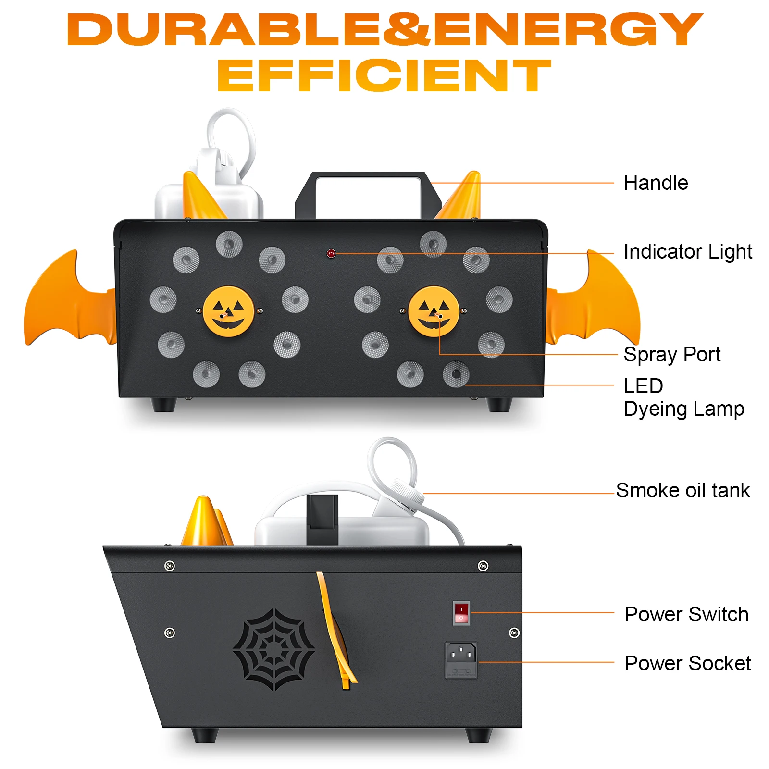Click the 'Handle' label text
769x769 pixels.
coord(655,183)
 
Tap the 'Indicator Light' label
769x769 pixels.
coord(687,252)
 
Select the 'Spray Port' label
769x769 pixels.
coord(671,355)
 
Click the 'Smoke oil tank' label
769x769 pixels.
coord(682,491)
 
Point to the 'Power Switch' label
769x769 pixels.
coord(686,615)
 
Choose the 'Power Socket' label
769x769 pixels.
coord(687,664)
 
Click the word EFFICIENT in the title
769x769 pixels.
coord(384,75)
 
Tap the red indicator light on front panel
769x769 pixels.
coord(331,253)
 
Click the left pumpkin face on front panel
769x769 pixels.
coord(228,311)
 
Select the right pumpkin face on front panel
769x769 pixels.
coord(434,311)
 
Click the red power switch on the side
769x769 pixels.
coord(461,613)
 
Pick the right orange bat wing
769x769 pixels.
coord(596,303)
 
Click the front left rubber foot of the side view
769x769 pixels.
coord(204,735)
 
